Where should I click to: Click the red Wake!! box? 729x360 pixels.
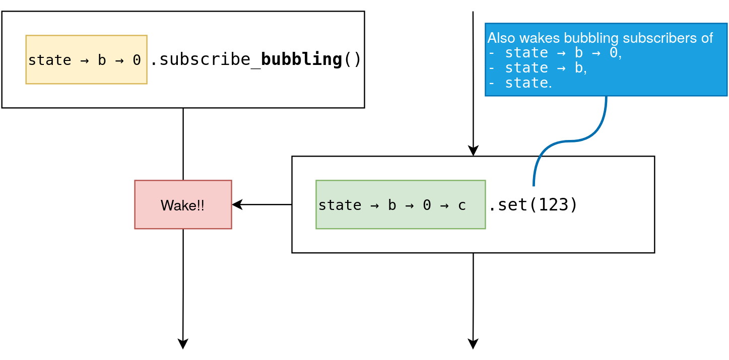[x=183, y=204]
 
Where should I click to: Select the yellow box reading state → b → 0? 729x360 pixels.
[x=86, y=59]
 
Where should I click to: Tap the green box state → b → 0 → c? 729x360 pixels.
[x=401, y=204]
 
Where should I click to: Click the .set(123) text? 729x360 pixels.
[x=533, y=205]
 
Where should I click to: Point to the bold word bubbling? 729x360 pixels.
[x=301, y=59]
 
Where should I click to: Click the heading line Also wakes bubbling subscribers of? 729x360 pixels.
[x=600, y=38]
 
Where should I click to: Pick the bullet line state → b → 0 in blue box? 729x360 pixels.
[x=555, y=53]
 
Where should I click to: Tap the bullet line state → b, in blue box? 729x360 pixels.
[x=537, y=67]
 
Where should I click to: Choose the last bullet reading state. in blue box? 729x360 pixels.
[x=520, y=83]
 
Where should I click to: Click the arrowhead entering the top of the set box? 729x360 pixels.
[x=473, y=151]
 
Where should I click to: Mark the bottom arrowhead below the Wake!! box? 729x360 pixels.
[x=183, y=344]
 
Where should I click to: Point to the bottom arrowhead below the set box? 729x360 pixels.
[x=473, y=344]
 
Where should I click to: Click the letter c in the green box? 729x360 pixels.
[x=462, y=205]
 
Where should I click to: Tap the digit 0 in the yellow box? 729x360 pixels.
[x=137, y=60]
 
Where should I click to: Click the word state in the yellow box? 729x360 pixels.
[x=49, y=60]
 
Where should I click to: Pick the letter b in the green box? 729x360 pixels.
[x=392, y=205]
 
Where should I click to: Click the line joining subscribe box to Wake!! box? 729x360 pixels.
[x=183, y=144]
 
